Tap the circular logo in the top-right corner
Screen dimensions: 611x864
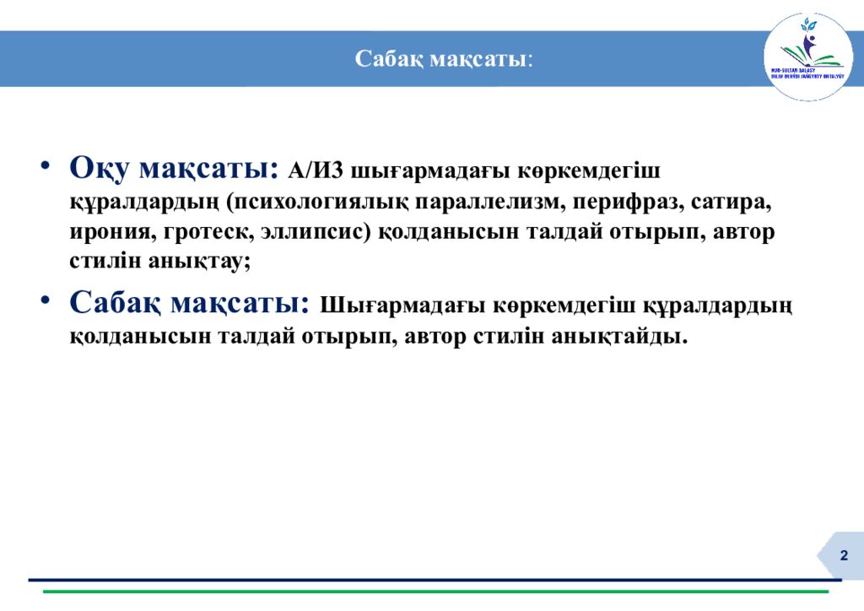[x=807, y=57]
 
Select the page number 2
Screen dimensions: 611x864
[x=843, y=554]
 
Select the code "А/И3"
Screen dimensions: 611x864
[x=316, y=170]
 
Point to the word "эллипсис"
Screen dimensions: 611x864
[x=312, y=232]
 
